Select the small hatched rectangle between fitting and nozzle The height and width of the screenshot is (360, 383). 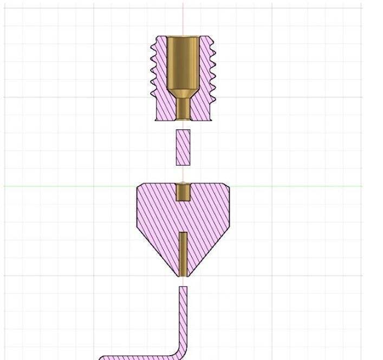pyautogui.click(x=183, y=147)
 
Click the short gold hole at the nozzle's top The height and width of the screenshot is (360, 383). pyautogui.click(x=183, y=192)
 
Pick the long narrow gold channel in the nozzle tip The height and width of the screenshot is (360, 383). pyautogui.click(x=183, y=253)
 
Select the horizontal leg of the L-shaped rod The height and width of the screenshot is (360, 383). pyautogui.click(x=135, y=357)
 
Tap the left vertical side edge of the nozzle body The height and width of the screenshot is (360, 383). pyautogui.click(x=137, y=208)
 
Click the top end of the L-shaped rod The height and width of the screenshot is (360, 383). pyautogui.click(x=183, y=288)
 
